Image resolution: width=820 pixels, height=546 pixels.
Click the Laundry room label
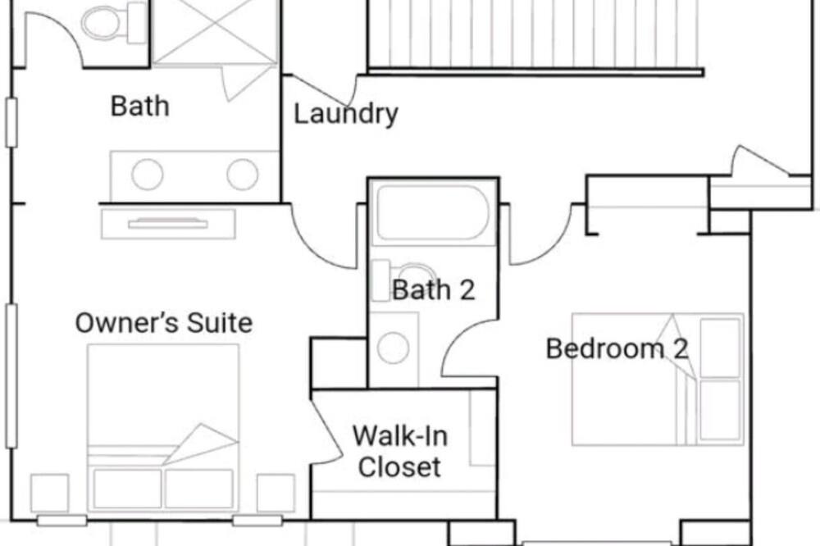point(346,113)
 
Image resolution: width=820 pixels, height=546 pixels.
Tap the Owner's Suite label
point(164,323)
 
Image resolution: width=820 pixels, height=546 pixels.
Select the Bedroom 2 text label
point(617,348)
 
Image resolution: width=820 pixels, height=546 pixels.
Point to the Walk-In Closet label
point(400,451)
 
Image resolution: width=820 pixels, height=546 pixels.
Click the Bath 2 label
point(434,289)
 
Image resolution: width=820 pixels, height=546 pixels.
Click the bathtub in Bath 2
point(433,212)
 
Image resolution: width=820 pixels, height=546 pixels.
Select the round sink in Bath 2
point(394,348)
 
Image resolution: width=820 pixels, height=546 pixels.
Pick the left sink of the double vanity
point(147,174)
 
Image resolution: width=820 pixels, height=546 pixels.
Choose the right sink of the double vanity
point(242,174)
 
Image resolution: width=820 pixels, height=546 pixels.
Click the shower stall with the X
point(215,31)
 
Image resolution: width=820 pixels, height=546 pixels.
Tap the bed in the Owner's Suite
point(163,427)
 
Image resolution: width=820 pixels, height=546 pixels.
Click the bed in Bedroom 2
point(658,379)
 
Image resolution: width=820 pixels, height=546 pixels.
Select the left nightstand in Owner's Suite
point(50,494)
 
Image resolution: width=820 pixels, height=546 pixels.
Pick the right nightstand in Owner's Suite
point(276,494)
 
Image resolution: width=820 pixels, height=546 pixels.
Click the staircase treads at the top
point(534,34)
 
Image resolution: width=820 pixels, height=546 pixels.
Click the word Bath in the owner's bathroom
point(139,107)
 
